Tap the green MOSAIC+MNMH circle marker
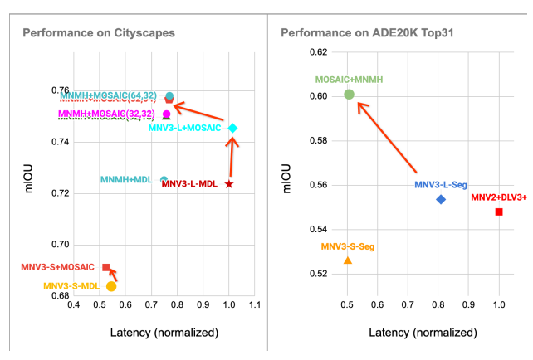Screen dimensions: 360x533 click(350, 95)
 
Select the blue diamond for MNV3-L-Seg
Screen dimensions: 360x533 click(441, 199)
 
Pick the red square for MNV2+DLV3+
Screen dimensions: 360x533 click(499, 212)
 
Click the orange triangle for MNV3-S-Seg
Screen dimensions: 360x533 click(348, 260)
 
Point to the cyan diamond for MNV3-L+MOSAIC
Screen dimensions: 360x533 click(233, 128)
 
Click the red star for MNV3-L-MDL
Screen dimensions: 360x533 click(229, 183)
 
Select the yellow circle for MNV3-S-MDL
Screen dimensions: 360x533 click(111, 286)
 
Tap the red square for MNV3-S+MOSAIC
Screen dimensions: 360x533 click(106, 267)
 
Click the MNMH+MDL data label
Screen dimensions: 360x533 click(127, 180)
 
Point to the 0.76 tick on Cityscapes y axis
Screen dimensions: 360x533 click(60, 90)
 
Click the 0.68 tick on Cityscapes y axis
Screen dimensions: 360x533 click(60, 295)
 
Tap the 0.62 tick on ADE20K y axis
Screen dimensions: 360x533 click(318, 52)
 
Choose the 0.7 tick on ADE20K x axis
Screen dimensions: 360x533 click(408, 306)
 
